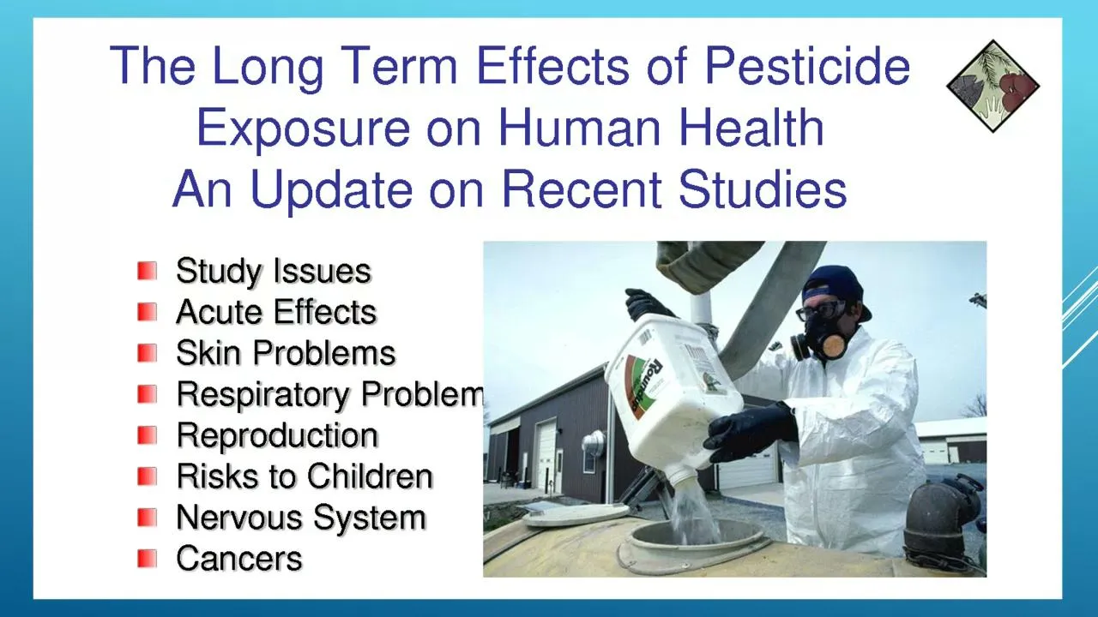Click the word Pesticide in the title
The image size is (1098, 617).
click(x=807, y=66)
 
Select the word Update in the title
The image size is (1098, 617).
click(x=331, y=190)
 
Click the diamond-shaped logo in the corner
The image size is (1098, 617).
click(x=993, y=87)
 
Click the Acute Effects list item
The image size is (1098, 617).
click(x=276, y=312)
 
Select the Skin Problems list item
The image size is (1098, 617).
click(x=286, y=353)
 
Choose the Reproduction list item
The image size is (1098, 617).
click(x=277, y=435)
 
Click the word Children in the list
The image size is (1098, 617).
click(x=370, y=476)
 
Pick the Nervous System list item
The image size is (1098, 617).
click(x=301, y=518)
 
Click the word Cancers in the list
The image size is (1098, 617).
click(x=239, y=559)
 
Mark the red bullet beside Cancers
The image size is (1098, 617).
click(x=147, y=559)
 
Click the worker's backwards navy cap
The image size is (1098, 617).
click(x=833, y=286)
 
